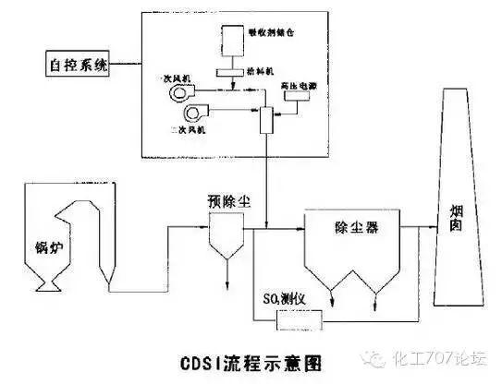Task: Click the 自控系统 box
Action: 77,66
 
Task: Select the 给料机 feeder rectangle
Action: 228,71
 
